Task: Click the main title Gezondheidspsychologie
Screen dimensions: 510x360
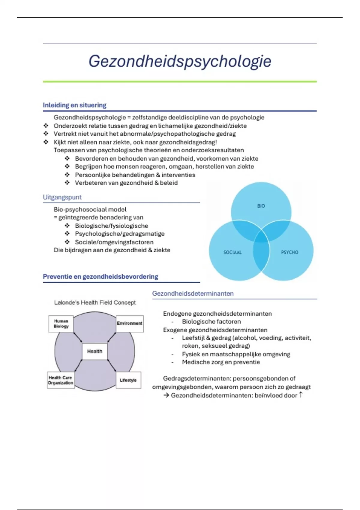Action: click(180, 61)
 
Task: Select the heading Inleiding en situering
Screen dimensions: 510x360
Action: click(74, 105)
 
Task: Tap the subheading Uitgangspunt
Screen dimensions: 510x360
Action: click(62, 197)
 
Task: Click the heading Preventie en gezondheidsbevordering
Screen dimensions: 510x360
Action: click(100, 277)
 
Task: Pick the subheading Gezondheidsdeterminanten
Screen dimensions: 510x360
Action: click(193, 293)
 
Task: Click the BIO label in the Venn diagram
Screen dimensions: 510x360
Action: click(261, 206)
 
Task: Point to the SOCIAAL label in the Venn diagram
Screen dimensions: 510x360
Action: click(232, 252)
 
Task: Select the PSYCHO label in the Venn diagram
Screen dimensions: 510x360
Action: click(289, 252)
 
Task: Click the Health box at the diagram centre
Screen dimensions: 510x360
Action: click(95, 351)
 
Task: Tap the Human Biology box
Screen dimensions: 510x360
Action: click(61, 324)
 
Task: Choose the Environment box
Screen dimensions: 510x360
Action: click(130, 323)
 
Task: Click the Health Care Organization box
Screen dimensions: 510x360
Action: click(61, 380)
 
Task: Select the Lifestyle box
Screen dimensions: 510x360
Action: click(128, 380)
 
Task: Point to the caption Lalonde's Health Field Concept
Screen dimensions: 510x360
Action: click(95, 302)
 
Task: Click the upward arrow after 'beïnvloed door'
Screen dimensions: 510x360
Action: click(301, 395)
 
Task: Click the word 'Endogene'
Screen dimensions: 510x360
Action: click(177, 313)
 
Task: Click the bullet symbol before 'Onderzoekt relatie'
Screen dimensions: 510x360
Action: click(46, 126)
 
